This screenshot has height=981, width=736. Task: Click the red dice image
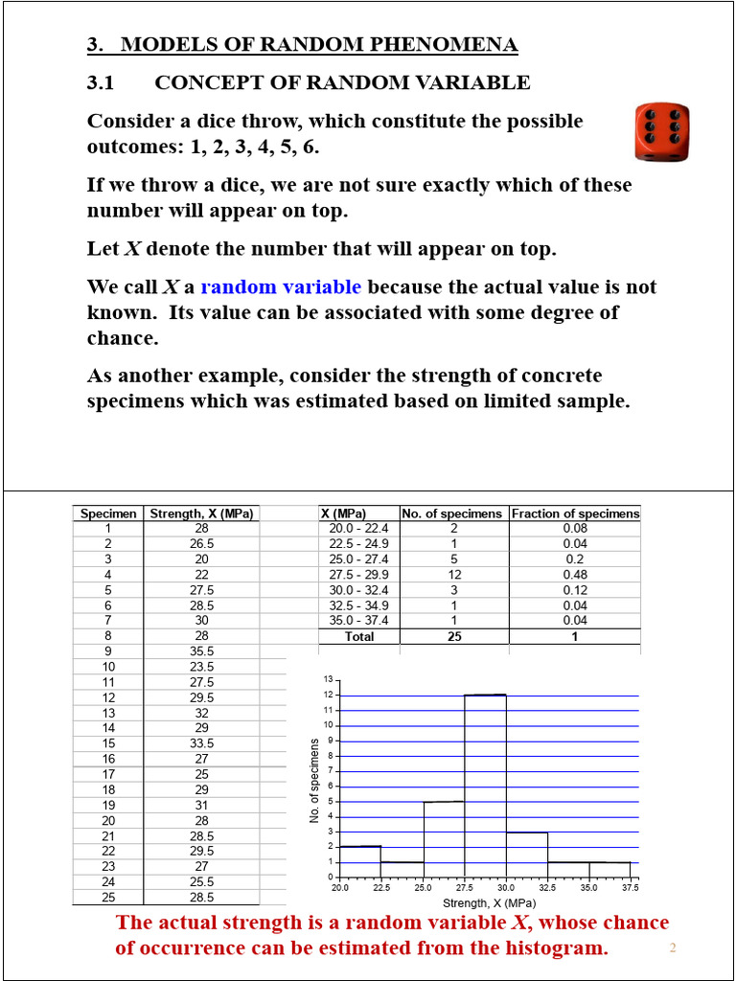click(662, 133)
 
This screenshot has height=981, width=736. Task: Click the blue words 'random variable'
click(281, 286)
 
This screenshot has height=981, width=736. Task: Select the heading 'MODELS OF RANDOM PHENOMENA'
click(319, 44)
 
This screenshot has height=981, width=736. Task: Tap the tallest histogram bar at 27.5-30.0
click(485, 786)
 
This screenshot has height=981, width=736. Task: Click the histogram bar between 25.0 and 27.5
click(444, 839)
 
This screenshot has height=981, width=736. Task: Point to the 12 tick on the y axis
click(328, 695)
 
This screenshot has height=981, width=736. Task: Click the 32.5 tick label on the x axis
click(547, 888)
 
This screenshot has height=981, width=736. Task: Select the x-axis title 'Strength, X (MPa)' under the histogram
click(489, 902)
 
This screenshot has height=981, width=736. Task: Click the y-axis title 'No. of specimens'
click(313, 780)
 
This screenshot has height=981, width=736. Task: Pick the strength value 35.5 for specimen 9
click(202, 650)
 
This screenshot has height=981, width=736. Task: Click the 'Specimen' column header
click(108, 513)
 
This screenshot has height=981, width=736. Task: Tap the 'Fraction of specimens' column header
click(575, 513)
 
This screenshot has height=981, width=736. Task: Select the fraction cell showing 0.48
click(575, 575)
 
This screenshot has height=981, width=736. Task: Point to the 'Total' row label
click(358, 636)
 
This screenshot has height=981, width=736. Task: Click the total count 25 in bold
click(453, 636)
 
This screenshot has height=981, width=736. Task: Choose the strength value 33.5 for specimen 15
click(202, 742)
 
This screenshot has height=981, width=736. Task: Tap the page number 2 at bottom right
click(673, 948)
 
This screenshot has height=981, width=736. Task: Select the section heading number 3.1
click(101, 82)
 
